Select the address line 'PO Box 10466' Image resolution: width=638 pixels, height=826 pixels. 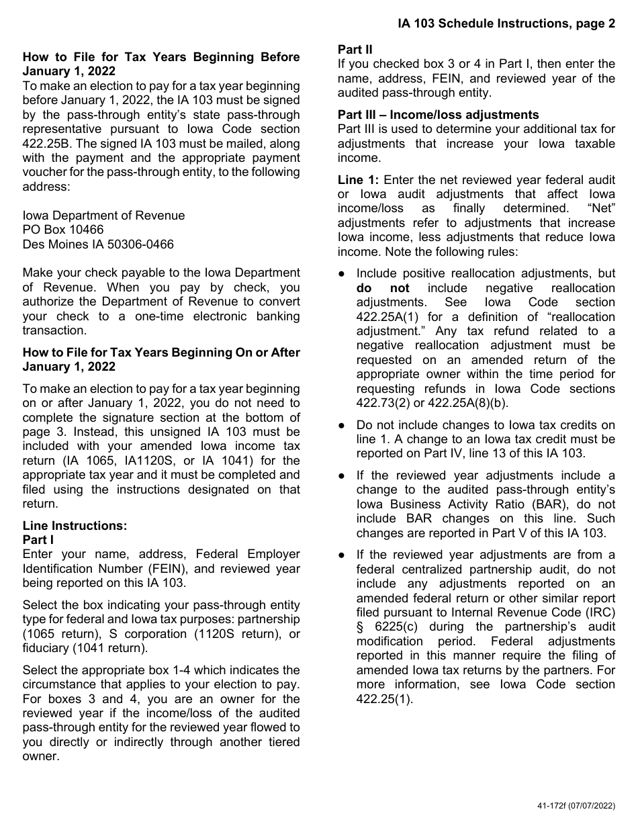63,230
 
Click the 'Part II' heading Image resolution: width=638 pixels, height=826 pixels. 355,50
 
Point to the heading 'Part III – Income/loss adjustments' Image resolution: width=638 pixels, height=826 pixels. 438,115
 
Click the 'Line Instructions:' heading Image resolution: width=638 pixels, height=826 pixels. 75,526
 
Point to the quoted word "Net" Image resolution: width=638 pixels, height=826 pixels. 599,208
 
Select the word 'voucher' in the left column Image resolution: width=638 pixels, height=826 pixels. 45,172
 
